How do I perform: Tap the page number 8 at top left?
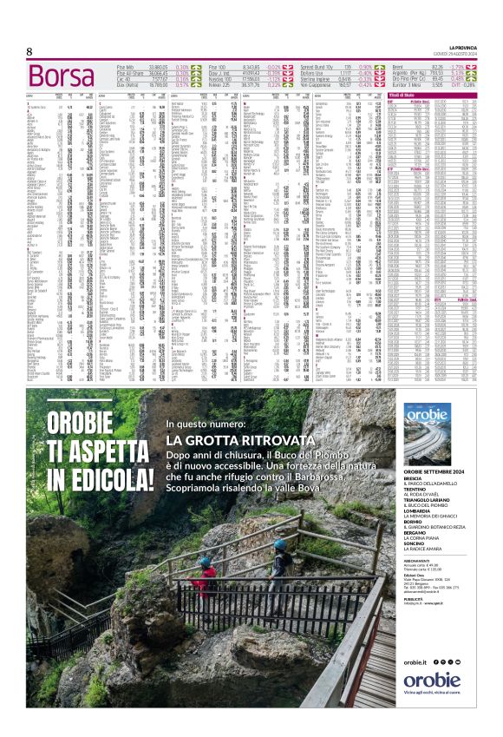click(29, 51)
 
